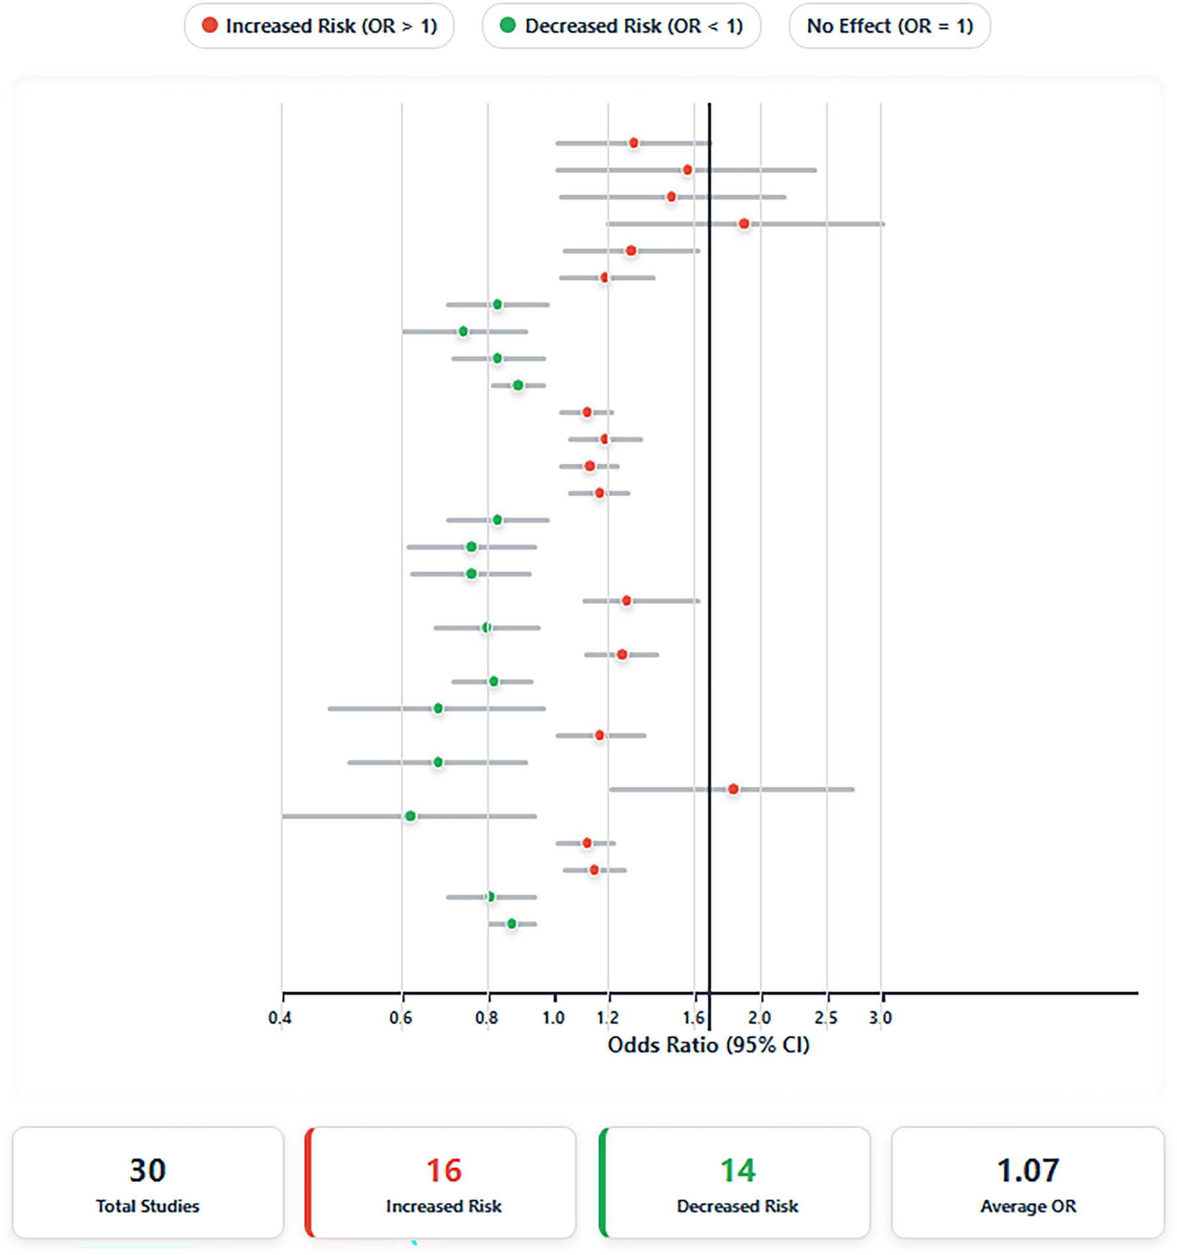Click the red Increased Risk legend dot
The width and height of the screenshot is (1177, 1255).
[210, 26]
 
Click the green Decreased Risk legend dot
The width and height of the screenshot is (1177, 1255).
[508, 26]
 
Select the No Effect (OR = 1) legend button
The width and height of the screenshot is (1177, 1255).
[889, 26]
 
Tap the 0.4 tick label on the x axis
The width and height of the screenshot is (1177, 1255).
[279, 1017]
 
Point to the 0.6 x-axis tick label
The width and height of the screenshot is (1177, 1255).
[400, 1017]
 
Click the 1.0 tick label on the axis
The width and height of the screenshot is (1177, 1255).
[553, 1017]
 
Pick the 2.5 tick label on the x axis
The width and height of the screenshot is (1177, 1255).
[826, 1017]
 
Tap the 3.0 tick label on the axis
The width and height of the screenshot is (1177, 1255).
[880, 1017]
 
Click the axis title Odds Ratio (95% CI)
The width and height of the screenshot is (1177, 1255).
[709, 1045]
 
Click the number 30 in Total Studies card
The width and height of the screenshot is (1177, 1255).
[147, 1171]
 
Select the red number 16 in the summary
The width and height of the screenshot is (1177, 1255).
[443, 1171]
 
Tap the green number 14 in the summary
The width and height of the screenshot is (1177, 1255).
[737, 1171]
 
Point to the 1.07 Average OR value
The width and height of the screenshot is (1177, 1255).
[1028, 1171]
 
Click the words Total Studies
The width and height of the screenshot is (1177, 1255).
[147, 1206]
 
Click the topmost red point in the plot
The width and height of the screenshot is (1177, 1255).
[634, 143]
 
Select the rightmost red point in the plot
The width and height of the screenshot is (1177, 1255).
[744, 224]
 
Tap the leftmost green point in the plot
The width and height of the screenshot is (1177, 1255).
[410, 816]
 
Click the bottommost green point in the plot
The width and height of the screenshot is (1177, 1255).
[512, 924]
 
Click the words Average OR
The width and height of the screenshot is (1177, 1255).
[1028, 1206]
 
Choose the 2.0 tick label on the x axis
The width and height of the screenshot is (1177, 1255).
[760, 1017]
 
